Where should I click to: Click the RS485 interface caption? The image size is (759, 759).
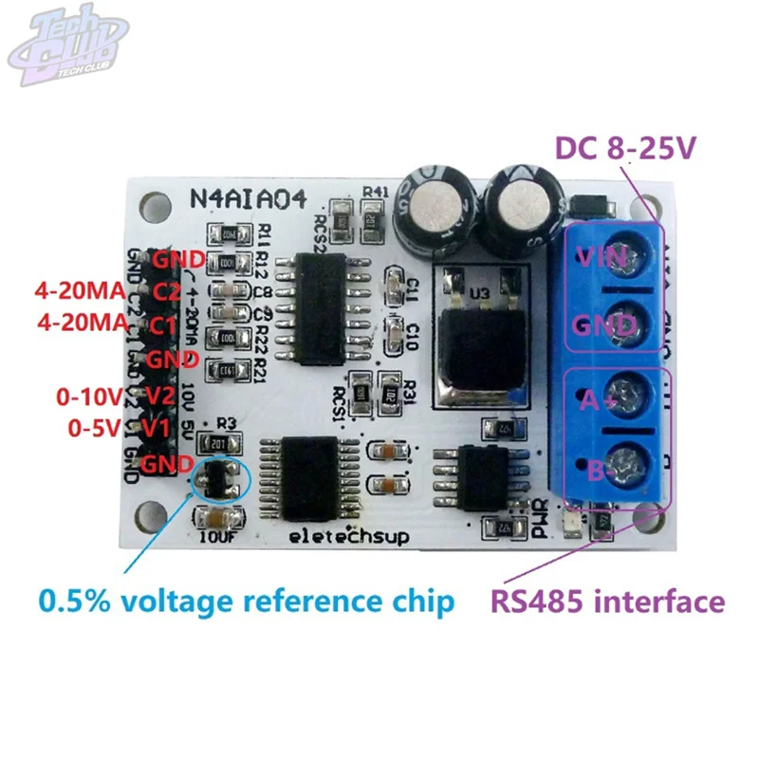(x=607, y=602)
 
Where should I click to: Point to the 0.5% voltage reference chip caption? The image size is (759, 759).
(x=246, y=602)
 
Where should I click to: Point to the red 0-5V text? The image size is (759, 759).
(x=95, y=428)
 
